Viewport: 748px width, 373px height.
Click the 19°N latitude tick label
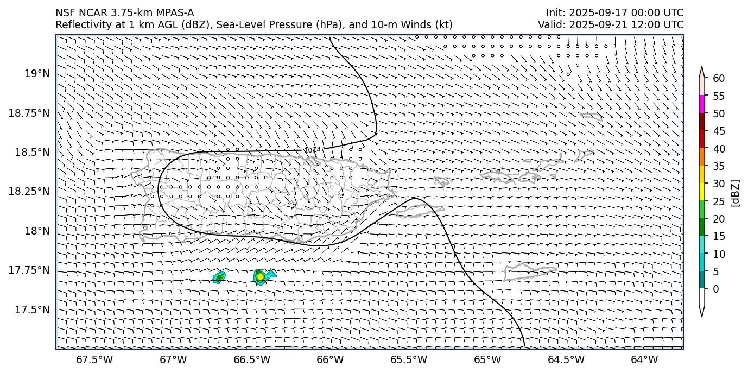(40, 73)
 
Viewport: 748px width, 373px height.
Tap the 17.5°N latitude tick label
(33, 309)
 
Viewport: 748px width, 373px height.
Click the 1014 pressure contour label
(312, 150)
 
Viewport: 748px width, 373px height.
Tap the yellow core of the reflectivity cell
(260, 277)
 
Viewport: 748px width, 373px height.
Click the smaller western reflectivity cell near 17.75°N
(219, 278)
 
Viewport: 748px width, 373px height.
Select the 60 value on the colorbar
(719, 79)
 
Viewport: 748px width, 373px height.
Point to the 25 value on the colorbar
(719, 201)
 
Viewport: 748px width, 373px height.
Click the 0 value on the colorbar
(715, 289)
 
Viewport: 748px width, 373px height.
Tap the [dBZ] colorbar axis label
(736, 193)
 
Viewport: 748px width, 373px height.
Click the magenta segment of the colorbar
(702, 104)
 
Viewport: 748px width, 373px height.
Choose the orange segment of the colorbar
(702, 156)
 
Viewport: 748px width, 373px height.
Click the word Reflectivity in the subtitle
(79, 24)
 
